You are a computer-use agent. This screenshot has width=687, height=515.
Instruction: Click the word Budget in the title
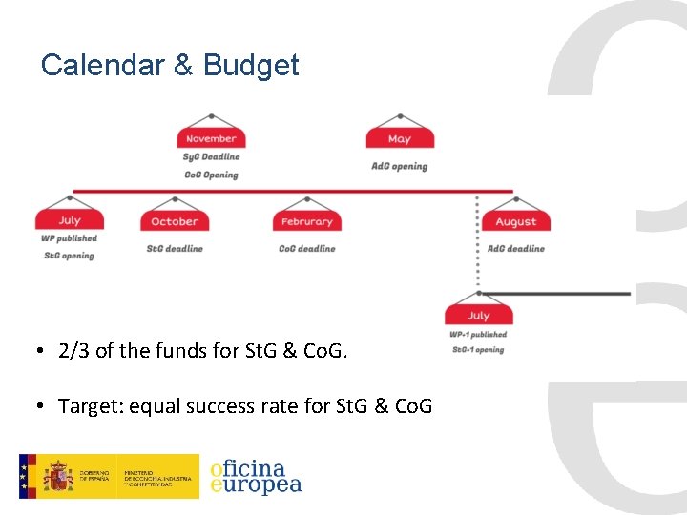(x=251, y=66)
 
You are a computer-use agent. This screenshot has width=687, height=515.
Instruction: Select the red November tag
(x=211, y=138)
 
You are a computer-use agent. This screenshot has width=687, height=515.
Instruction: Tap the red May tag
(x=400, y=138)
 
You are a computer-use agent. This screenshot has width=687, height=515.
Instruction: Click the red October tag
(x=175, y=221)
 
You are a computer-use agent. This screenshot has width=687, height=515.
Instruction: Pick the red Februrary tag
(x=306, y=221)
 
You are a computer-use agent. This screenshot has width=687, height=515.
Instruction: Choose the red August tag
(x=516, y=221)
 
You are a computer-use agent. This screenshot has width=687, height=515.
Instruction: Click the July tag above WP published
(x=69, y=220)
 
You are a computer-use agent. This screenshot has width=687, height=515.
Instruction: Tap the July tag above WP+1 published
(x=479, y=315)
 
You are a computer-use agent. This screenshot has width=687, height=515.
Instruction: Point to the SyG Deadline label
(x=211, y=156)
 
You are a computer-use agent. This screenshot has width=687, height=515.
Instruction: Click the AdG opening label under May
(x=400, y=166)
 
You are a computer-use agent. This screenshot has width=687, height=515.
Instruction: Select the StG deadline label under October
(x=175, y=248)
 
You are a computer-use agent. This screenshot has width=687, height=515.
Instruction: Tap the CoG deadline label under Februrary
(x=306, y=248)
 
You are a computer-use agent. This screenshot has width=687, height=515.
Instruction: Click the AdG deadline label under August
(x=516, y=248)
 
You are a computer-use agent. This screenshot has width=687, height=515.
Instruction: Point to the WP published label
(x=69, y=238)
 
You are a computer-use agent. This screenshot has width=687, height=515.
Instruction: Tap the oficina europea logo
(x=256, y=476)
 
